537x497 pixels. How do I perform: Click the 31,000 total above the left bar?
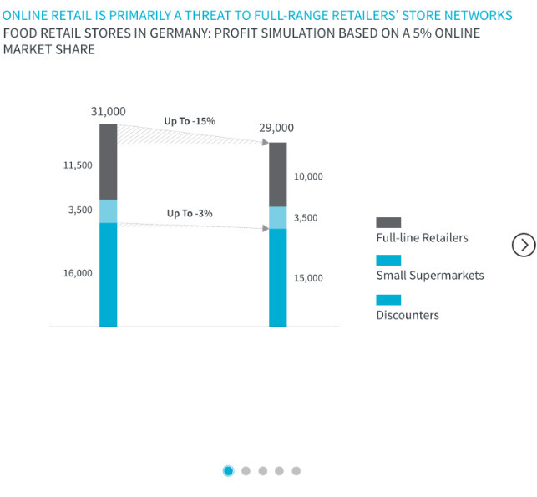109,112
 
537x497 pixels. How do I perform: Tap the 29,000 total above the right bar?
276,128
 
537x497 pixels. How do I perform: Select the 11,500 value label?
78,165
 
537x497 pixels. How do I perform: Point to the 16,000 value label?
78,273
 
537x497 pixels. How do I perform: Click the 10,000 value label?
308,177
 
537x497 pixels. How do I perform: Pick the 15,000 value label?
308,278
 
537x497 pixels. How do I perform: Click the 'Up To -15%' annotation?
190,121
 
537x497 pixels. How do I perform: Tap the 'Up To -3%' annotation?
190,214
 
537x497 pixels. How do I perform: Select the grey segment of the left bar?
109,162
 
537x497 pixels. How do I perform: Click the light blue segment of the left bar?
109,211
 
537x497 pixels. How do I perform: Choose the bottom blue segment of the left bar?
109,274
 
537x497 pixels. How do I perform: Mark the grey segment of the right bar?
277,175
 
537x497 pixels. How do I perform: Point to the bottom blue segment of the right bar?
277,277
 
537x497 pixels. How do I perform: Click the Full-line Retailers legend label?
422,238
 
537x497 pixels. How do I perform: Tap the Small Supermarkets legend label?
429,276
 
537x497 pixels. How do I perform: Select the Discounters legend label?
407,315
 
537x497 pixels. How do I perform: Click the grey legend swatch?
388,222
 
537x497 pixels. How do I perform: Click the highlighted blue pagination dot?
228,471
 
